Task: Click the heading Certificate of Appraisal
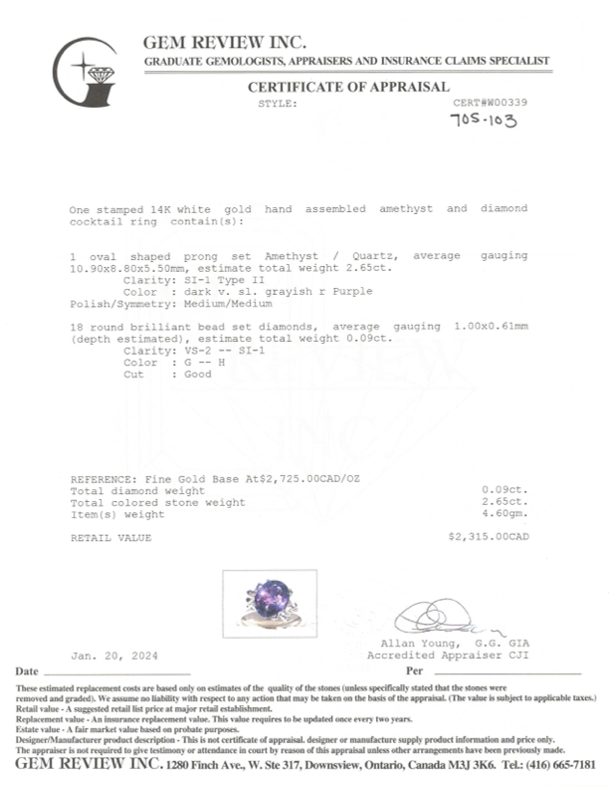tap(348, 87)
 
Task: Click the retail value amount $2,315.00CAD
tap(489, 538)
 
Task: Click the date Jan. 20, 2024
tap(114, 656)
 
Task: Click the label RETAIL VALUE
tap(110, 538)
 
